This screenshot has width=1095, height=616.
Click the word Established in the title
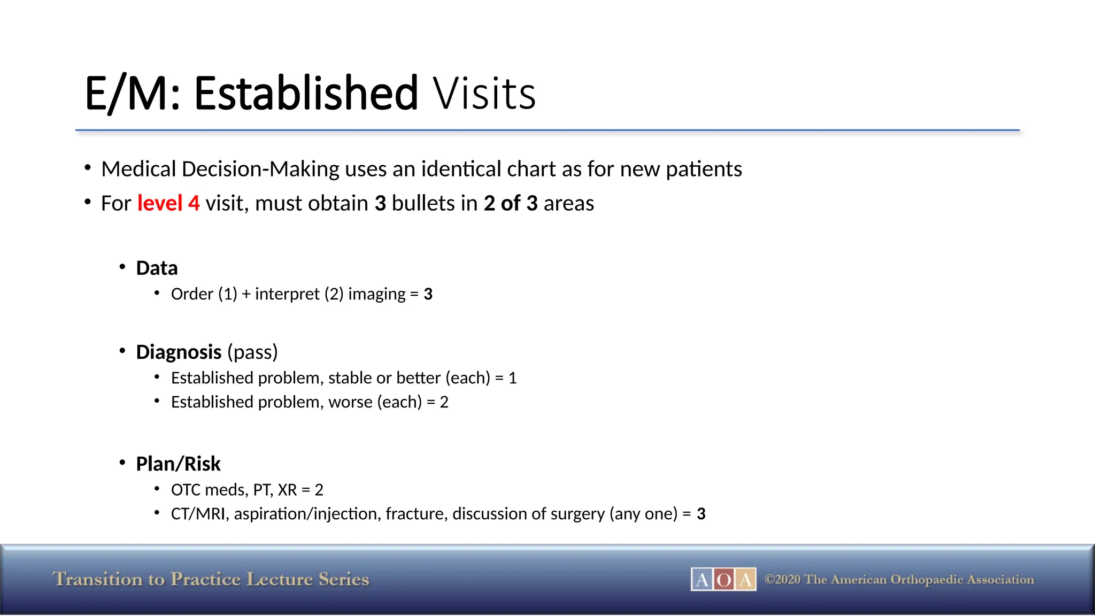coord(305,93)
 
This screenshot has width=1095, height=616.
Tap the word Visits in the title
coord(484,94)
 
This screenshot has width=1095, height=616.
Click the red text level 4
coord(168,204)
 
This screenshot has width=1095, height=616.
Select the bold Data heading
coord(157,268)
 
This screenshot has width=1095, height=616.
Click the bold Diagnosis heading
coord(179,352)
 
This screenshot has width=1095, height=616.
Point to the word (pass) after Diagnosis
coord(252,352)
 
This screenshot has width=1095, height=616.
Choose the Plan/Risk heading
coord(178,464)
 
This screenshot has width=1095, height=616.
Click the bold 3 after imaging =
coord(428,294)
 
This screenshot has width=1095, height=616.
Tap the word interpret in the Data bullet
coord(287,294)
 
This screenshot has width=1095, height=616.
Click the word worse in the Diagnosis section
coord(350,402)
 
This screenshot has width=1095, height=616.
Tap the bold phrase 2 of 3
coord(511,204)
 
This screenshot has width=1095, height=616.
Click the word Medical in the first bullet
coord(138,170)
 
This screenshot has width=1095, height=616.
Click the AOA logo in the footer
coord(723,580)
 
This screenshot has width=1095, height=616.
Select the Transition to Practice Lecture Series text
coord(211,580)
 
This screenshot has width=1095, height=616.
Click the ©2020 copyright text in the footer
coord(899,580)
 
